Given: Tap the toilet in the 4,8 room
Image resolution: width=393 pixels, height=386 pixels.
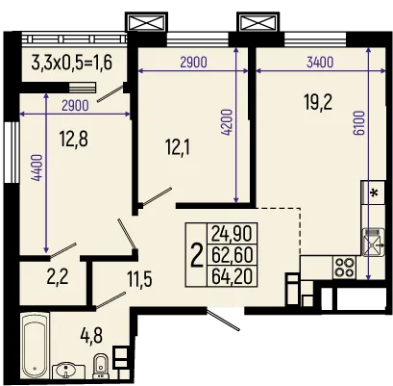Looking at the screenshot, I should pos(100,366).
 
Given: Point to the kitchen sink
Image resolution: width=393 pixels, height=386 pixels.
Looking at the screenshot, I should pos(371,237).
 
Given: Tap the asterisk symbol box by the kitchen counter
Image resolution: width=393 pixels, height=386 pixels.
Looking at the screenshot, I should pos(373,193).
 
